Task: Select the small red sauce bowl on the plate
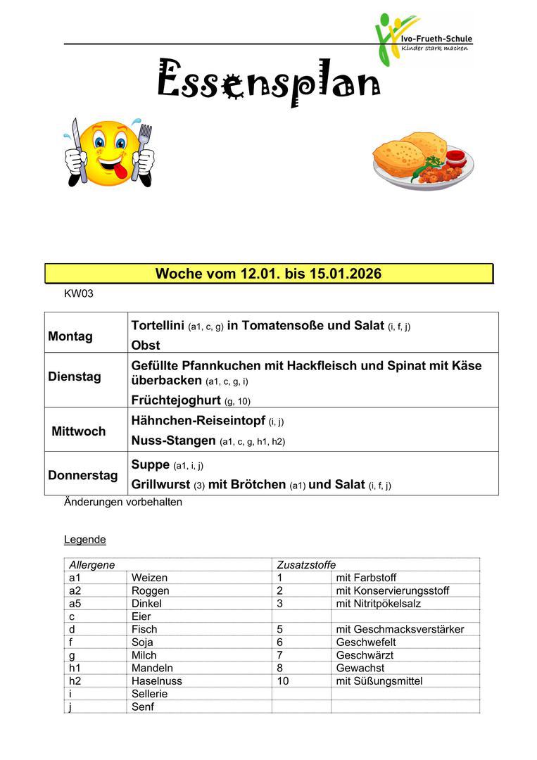[455, 156]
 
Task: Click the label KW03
[78, 293]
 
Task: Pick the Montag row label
[70, 336]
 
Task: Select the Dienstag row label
[75, 376]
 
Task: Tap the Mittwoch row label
[79, 431]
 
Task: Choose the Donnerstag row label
[83, 475]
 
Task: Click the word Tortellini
[158, 325]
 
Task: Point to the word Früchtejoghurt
[176, 400]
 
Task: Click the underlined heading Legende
[84, 540]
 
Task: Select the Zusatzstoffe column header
[306, 564]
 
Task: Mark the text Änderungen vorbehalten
[123, 502]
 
